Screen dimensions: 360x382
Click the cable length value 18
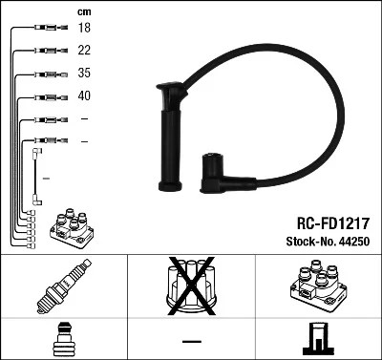(83, 30)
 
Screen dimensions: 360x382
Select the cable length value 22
(83, 51)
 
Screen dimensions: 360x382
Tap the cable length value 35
(83, 73)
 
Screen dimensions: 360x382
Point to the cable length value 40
(83, 95)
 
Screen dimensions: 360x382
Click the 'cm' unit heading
(83, 11)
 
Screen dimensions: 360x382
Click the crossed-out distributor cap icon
(191, 287)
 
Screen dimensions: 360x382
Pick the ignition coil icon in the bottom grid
(316, 287)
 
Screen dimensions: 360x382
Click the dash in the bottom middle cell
(191, 340)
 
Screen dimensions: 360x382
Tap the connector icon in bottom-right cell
(316, 339)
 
